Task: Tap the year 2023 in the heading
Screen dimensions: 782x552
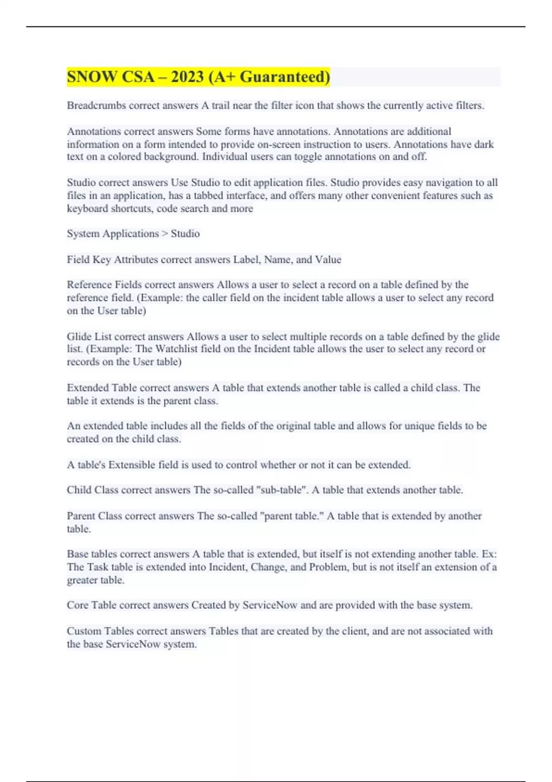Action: [x=187, y=77]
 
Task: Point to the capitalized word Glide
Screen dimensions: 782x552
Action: [x=79, y=336]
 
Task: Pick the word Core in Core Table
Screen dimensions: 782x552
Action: [x=77, y=605]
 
